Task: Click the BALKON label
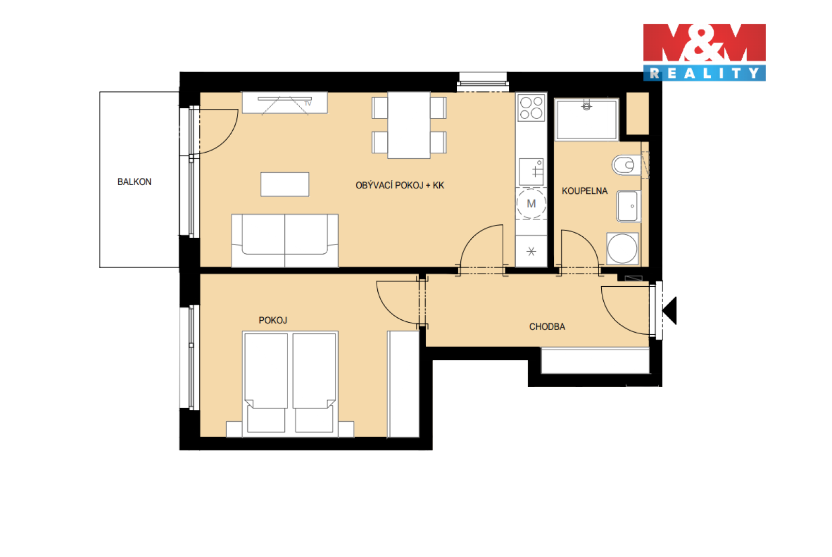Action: (x=135, y=182)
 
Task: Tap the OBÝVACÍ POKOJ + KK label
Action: (x=399, y=185)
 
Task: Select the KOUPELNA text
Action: (x=584, y=191)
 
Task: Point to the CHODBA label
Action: (x=547, y=326)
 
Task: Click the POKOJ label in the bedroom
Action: (x=273, y=320)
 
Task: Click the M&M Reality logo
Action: (x=704, y=52)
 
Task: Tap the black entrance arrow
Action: (x=669, y=310)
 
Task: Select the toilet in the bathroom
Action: (x=627, y=165)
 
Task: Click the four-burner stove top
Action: (x=531, y=108)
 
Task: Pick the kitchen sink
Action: (x=531, y=172)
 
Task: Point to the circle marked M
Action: (x=531, y=203)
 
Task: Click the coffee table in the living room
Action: (x=285, y=185)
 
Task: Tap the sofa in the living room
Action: (x=285, y=240)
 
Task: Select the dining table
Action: (x=409, y=125)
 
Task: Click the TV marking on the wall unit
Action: (x=308, y=104)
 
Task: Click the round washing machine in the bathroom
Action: (x=622, y=249)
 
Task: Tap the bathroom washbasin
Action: (x=629, y=206)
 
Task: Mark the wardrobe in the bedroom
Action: (x=404, y=384)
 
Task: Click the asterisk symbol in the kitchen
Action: (x=532, y=252)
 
